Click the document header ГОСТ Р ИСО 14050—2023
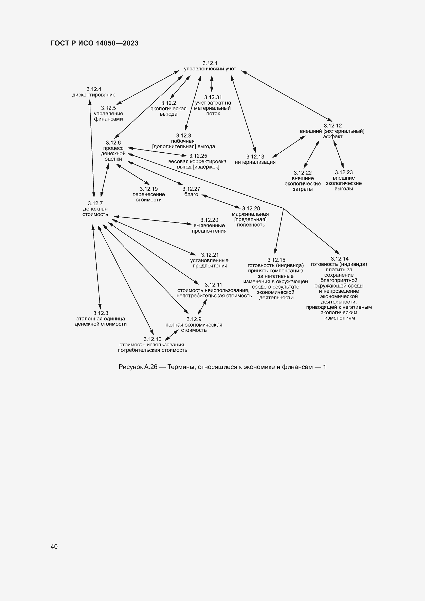click(x=95, y=43)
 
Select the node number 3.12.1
click(x=210, y=63)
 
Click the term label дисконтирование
click(x=94, y=95)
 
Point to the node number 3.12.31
click(x=213, y=97)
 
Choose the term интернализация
click(x=255, y=162)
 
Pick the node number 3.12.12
click(x=332, y=126)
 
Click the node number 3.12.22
click(x=302, y=173)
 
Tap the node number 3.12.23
click(x=344, y=172)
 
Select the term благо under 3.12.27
click(x=191, y=194)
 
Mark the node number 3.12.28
click(x=251, y=208)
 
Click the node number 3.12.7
click(x=95, y=204)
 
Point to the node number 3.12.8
click(x=101, y=313)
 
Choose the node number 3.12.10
click(x=153, y=339)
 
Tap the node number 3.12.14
click(x=339, y=259)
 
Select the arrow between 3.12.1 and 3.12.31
click(x=212, y=84)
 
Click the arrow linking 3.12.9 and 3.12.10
click(x=172, y=335)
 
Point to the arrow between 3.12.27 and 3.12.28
click(x=221, y=201)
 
